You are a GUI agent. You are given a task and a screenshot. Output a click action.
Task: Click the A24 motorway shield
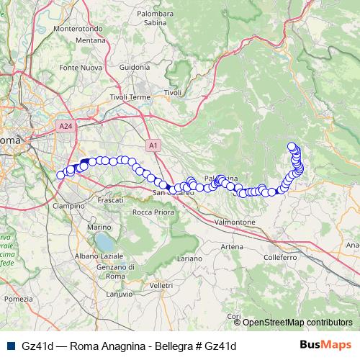pos(66,126)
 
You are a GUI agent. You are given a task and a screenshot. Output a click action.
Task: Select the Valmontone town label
pos(235,222)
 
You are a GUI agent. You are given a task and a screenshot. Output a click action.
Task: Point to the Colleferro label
pos(280,256)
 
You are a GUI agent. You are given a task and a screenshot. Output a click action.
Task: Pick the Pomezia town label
pos(18,298)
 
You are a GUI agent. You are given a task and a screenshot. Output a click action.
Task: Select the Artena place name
pos(232,247)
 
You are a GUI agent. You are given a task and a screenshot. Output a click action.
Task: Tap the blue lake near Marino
pos(105,240)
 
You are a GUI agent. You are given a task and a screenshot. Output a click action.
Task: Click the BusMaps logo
pos(325,346)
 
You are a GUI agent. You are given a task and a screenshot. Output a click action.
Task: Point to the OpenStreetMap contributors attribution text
pos(297,323)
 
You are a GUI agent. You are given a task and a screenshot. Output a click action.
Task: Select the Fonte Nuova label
pos(78,68)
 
